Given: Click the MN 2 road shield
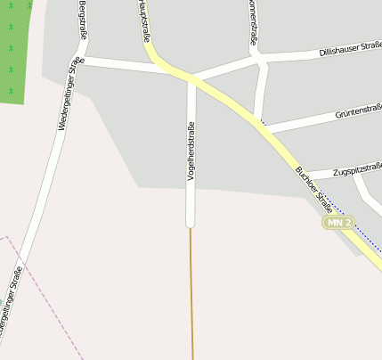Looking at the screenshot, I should coord(338,222).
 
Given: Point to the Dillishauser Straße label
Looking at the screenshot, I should coord(349,48).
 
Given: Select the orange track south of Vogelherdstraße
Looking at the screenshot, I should coord(191,294).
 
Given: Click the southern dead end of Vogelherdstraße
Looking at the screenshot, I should coord(190,223).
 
